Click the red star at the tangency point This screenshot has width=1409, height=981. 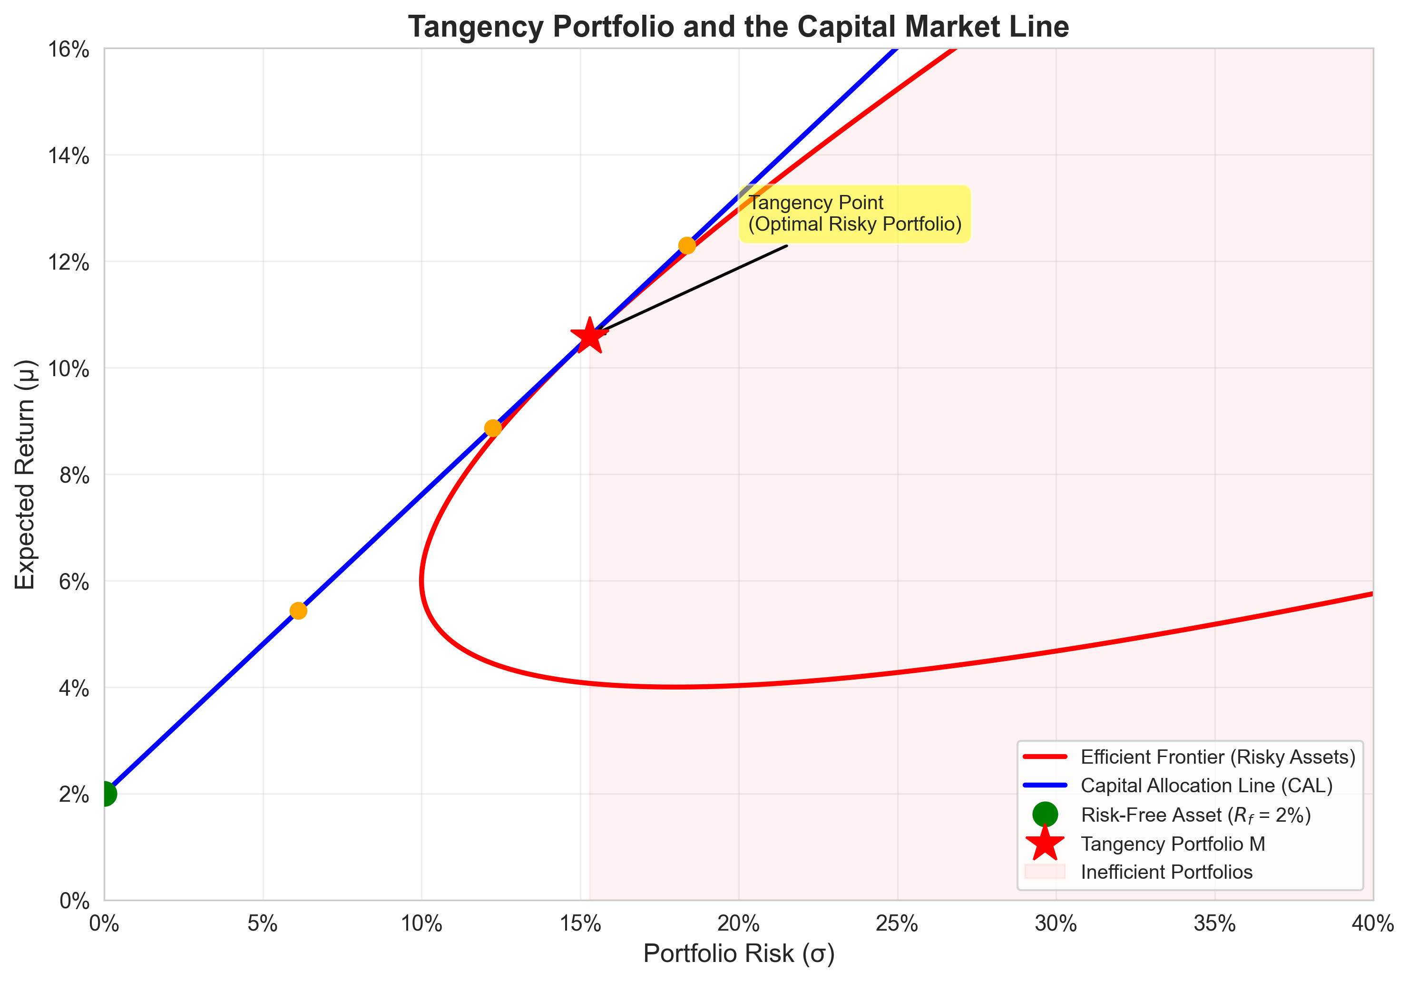point(589,336)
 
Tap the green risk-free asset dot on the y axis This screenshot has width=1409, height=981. point(105,794)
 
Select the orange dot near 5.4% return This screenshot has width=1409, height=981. point(298,611)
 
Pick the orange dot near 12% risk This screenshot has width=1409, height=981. point(493,427)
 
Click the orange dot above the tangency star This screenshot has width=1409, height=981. point(687,245)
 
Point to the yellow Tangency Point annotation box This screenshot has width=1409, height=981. point(854,214)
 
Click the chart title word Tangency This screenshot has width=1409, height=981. point(477,27)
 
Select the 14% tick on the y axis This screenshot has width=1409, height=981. point(68,156)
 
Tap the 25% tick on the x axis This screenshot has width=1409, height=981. point(897,923)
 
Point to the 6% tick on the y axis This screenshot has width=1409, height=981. point(74,582)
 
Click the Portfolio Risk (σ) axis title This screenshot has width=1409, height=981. point(738,954)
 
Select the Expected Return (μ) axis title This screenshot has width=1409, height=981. point(26,474)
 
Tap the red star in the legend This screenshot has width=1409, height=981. point(1045,844)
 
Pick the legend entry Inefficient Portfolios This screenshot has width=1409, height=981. point(1166,872)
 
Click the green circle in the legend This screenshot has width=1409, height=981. point(1045,814)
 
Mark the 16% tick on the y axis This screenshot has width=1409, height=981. point(68,49)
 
